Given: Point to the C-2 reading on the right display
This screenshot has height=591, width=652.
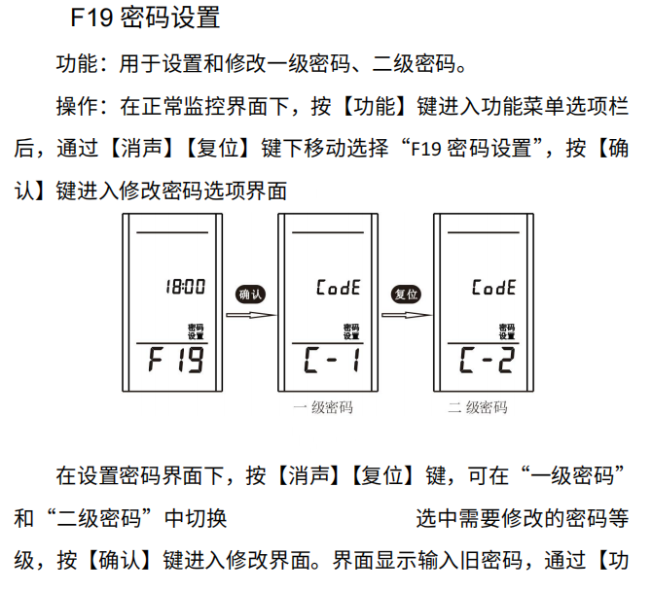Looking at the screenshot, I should pyautogui.click(x=487, y=363).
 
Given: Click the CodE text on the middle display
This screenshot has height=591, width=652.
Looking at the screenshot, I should pyautogui.click(x=339, y=288).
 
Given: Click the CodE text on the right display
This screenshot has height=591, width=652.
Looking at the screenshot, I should pyautogui.click(x=493, y=288).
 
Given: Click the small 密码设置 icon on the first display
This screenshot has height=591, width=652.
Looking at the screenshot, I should pyautogui.click(x=196, y=331).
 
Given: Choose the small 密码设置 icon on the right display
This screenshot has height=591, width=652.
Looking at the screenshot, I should pyautogui.click(x=506, y=331).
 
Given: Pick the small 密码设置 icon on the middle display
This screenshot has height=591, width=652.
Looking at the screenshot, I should pyautogui.click(x=350, y=331).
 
